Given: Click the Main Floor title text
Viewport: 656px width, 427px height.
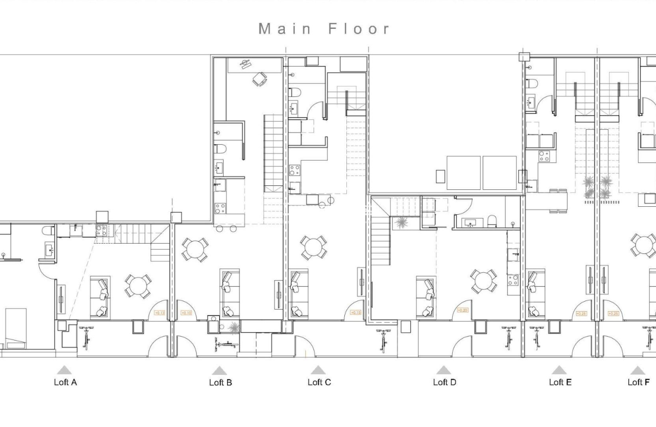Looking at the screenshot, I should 325,29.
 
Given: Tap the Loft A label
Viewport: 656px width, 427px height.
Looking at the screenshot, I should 65,382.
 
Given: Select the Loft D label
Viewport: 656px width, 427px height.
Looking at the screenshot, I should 444,382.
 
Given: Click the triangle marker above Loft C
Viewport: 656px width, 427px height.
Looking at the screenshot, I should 318,370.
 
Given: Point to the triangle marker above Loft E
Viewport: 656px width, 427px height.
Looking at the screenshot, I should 559,370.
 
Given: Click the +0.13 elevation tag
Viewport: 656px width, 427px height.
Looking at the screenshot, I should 160,313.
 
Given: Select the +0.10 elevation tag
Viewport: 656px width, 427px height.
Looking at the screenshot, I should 186,313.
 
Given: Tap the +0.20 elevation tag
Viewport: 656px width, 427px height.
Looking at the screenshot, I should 462,310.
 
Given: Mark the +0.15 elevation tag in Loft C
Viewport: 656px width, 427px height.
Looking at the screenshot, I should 356,312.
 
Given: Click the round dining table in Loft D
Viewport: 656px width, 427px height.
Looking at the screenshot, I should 484,281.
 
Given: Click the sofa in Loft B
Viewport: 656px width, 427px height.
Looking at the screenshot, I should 229,294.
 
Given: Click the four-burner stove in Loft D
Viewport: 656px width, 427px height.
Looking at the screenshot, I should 513,280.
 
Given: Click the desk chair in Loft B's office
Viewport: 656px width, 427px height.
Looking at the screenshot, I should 259,79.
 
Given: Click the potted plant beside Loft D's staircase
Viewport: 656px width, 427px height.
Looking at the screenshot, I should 400,224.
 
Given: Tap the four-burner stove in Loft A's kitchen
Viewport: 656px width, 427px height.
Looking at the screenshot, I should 101,230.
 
